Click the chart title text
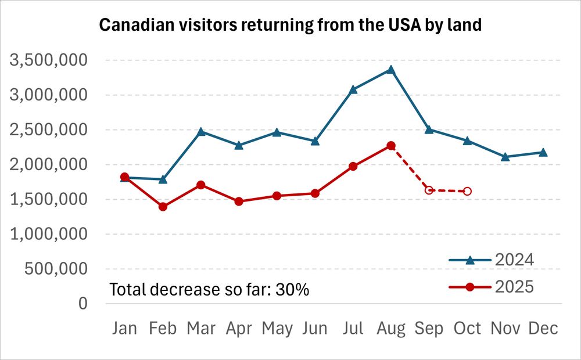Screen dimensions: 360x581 [290, 26]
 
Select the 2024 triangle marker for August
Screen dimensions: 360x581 [391, 70]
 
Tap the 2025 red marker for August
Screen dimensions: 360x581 [391, 146]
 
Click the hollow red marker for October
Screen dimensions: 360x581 [467, 191]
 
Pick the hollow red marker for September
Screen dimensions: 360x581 [429, 190]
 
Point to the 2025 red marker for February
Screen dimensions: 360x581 [163, 206]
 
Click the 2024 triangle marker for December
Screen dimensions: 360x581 [543, 152]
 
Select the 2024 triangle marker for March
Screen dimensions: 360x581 [201, 132]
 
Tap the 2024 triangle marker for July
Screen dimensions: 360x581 [353, 89]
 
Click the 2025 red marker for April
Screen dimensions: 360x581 [239, 201]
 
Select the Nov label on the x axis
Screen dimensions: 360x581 [505, 329]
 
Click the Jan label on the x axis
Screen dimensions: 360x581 [125, 329]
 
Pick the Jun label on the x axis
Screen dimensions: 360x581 [315, 329]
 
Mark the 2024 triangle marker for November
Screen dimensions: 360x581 [505, 157]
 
